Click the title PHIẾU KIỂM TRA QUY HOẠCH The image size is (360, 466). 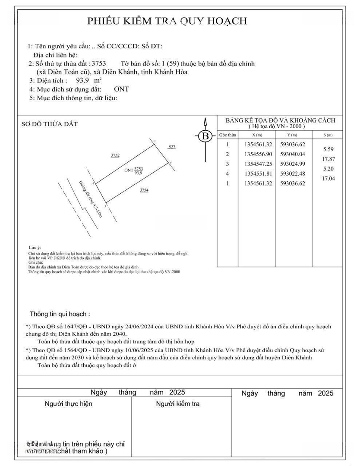167,21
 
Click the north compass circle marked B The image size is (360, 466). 206,136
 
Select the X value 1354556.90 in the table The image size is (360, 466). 258,154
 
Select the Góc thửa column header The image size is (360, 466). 227,135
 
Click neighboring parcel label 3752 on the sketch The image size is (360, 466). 115,155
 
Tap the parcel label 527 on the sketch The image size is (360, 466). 172,147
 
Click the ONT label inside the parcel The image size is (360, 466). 129,170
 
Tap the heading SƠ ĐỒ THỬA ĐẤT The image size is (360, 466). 50,124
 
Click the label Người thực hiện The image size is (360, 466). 68,404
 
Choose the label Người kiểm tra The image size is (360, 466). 178,404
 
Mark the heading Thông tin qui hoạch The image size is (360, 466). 60,314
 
